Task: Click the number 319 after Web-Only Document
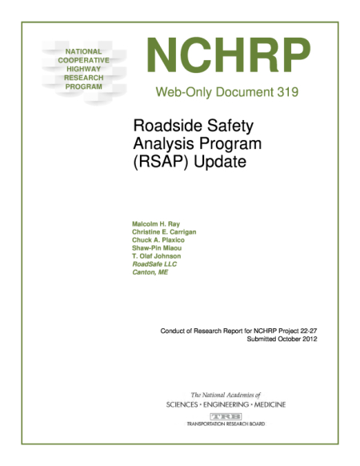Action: click(285, 92)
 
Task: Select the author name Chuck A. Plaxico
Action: click(160, 239)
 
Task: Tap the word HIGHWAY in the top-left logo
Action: click(78, 69)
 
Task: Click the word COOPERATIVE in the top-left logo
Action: click(78, 60)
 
